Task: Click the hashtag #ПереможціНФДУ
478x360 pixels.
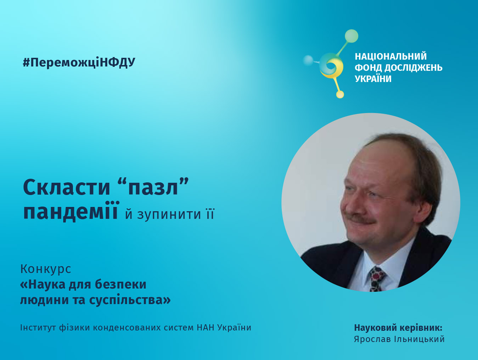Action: click(79, 63)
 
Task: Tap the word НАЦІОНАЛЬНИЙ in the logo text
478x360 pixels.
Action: click(391, 56)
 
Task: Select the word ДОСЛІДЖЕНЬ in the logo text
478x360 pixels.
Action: click(413, 68)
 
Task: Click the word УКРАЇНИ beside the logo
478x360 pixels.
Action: click(373, 79)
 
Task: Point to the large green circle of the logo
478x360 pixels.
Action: click(352, 36)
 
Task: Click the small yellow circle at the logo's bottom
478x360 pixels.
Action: click(340, 95)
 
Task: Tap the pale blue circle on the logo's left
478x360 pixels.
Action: click(308, 60)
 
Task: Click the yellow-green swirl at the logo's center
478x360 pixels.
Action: click(331, 66)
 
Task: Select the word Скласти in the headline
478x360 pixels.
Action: click(67, 187)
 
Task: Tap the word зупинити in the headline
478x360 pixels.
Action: click(169, 214)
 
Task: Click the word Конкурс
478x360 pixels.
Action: click(45, 269)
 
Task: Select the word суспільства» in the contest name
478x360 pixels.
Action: click(130, 300)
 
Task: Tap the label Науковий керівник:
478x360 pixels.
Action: click(398, 328)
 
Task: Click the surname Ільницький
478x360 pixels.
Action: click(419, 339)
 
